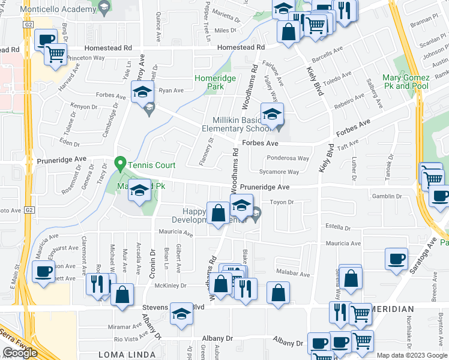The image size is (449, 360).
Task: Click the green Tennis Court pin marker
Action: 120,163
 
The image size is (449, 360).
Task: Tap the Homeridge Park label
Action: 208,82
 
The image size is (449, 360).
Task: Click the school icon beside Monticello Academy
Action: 104,8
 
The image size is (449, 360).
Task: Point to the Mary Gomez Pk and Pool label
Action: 406,82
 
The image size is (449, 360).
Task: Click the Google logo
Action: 20,353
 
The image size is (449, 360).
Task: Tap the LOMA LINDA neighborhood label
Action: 127,355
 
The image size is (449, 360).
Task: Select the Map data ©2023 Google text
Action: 412,355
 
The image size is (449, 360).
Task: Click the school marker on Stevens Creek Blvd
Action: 181,314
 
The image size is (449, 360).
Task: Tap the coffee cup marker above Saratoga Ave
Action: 397,259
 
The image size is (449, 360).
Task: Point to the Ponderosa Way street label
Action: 288,158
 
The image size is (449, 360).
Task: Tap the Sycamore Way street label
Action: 284,172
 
